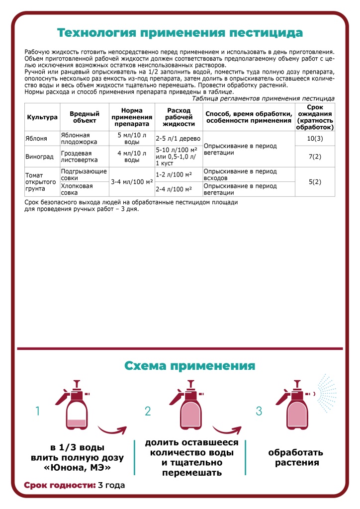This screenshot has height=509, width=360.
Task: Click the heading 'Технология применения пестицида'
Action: pos(180,33)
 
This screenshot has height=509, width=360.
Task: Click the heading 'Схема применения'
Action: pos(189,366)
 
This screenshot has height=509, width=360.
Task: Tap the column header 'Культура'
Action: pos(42,117)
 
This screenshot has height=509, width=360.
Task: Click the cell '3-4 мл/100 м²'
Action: pos(132,182)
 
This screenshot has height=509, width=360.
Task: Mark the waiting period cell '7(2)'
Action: pos(315,157)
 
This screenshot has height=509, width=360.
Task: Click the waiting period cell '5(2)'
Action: pos(315,182)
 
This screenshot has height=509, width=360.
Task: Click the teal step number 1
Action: pos(37,411)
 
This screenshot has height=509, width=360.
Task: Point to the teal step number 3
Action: pos(258,411)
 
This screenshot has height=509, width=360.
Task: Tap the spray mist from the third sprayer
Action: pos(328,395)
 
